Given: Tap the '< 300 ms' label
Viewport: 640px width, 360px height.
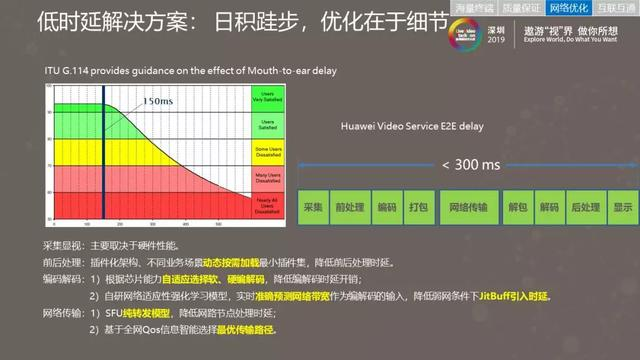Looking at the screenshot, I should click(x=470, y=164).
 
